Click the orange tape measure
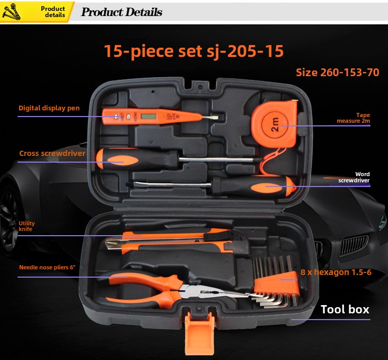(274, 123)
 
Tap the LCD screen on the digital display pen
(148, 116)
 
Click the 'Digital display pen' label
(49, 108)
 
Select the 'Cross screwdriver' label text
(52, 153)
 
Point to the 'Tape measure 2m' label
(353, 118)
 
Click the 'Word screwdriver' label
(354, 177)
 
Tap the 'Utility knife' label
(27, 226)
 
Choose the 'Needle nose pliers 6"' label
(47, 267)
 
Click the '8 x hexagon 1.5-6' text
(336, 272)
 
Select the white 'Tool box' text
(345, 309)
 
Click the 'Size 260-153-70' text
(337, 73)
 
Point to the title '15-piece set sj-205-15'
(194, 51)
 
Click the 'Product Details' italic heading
(122, 12)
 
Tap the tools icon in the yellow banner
(11, 11)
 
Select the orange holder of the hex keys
(277, 284)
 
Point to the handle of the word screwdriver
(253, 186)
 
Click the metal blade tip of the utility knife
(113, 243)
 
